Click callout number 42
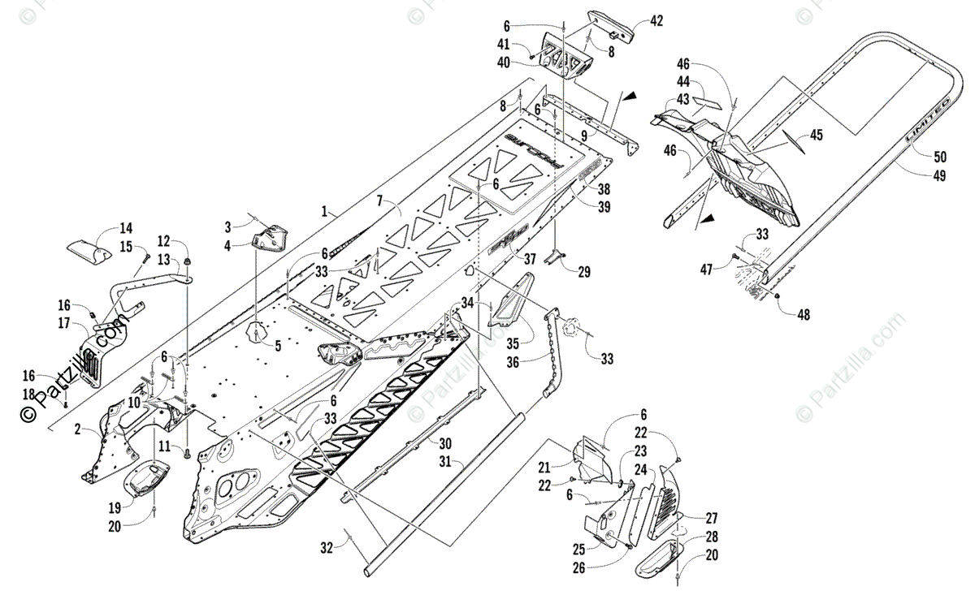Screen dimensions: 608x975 pyautogui.click(x=656, y=21)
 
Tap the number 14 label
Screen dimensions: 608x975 pyautogui.click(x=126, y=228)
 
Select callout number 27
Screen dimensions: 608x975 pyautogui.click(x=712, y=518)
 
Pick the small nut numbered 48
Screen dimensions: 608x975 pyautogui.click(x=780, y=298)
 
